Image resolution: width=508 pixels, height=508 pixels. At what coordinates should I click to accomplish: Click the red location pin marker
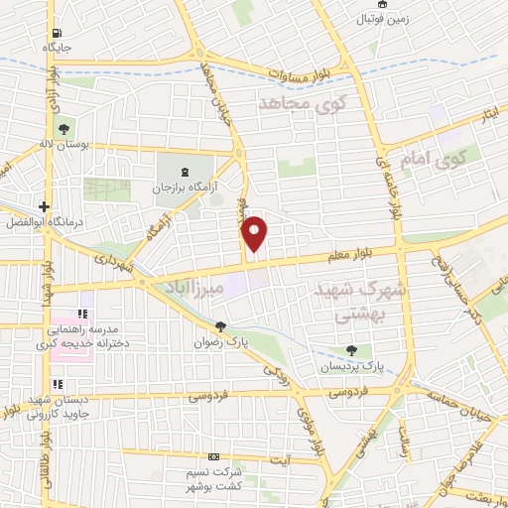255,233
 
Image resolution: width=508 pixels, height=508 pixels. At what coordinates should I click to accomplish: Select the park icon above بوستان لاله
63,128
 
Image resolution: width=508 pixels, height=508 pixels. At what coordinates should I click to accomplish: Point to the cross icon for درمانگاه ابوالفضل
44,206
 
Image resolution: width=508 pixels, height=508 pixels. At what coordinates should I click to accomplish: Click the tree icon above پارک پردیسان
351,350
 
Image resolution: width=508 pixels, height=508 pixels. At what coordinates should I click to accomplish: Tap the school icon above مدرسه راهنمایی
82,315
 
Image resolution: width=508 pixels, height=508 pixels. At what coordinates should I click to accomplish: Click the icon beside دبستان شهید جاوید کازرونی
58,385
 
